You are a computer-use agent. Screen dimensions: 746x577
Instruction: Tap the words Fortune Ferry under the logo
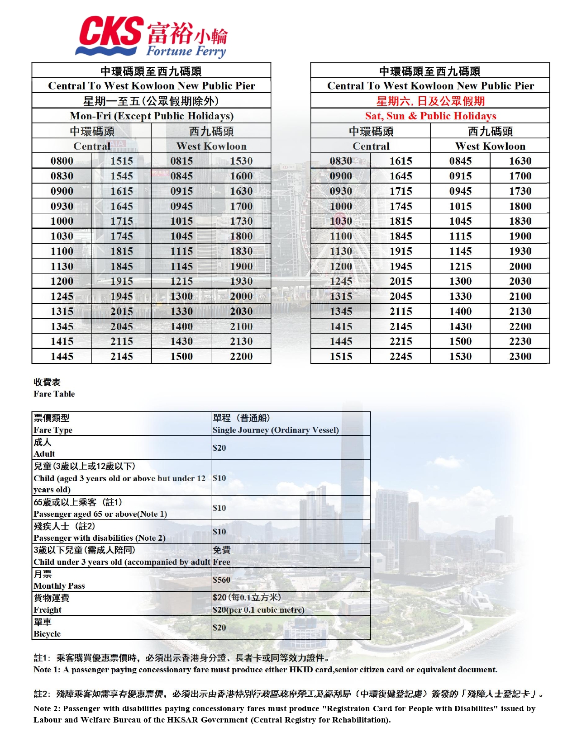186,51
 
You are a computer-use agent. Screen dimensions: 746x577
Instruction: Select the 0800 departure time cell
62,161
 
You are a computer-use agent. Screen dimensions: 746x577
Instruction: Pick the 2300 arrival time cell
520,356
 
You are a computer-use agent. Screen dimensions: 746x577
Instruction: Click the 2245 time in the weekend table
401,356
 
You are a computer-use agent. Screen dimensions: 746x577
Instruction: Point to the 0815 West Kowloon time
181,161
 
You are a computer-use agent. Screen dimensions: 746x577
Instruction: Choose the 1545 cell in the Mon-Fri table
122,176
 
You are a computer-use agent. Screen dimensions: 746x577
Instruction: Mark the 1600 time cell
241,176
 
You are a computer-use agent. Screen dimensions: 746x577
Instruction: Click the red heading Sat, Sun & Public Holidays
430,116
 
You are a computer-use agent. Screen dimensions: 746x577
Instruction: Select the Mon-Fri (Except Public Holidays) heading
152,116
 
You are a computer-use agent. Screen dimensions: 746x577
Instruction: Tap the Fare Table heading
54,394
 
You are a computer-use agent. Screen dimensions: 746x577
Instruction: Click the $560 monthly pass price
221,580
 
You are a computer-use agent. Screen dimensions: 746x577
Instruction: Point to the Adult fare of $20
219,448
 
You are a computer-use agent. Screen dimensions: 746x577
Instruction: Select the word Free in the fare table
221,562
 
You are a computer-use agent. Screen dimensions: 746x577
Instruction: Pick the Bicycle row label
47,634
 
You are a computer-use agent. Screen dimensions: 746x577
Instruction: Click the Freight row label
48,610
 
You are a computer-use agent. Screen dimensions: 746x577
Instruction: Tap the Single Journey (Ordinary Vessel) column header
276,430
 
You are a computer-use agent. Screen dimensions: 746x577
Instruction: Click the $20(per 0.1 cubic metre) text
258,610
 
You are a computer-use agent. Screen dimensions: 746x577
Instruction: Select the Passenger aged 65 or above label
100,514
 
